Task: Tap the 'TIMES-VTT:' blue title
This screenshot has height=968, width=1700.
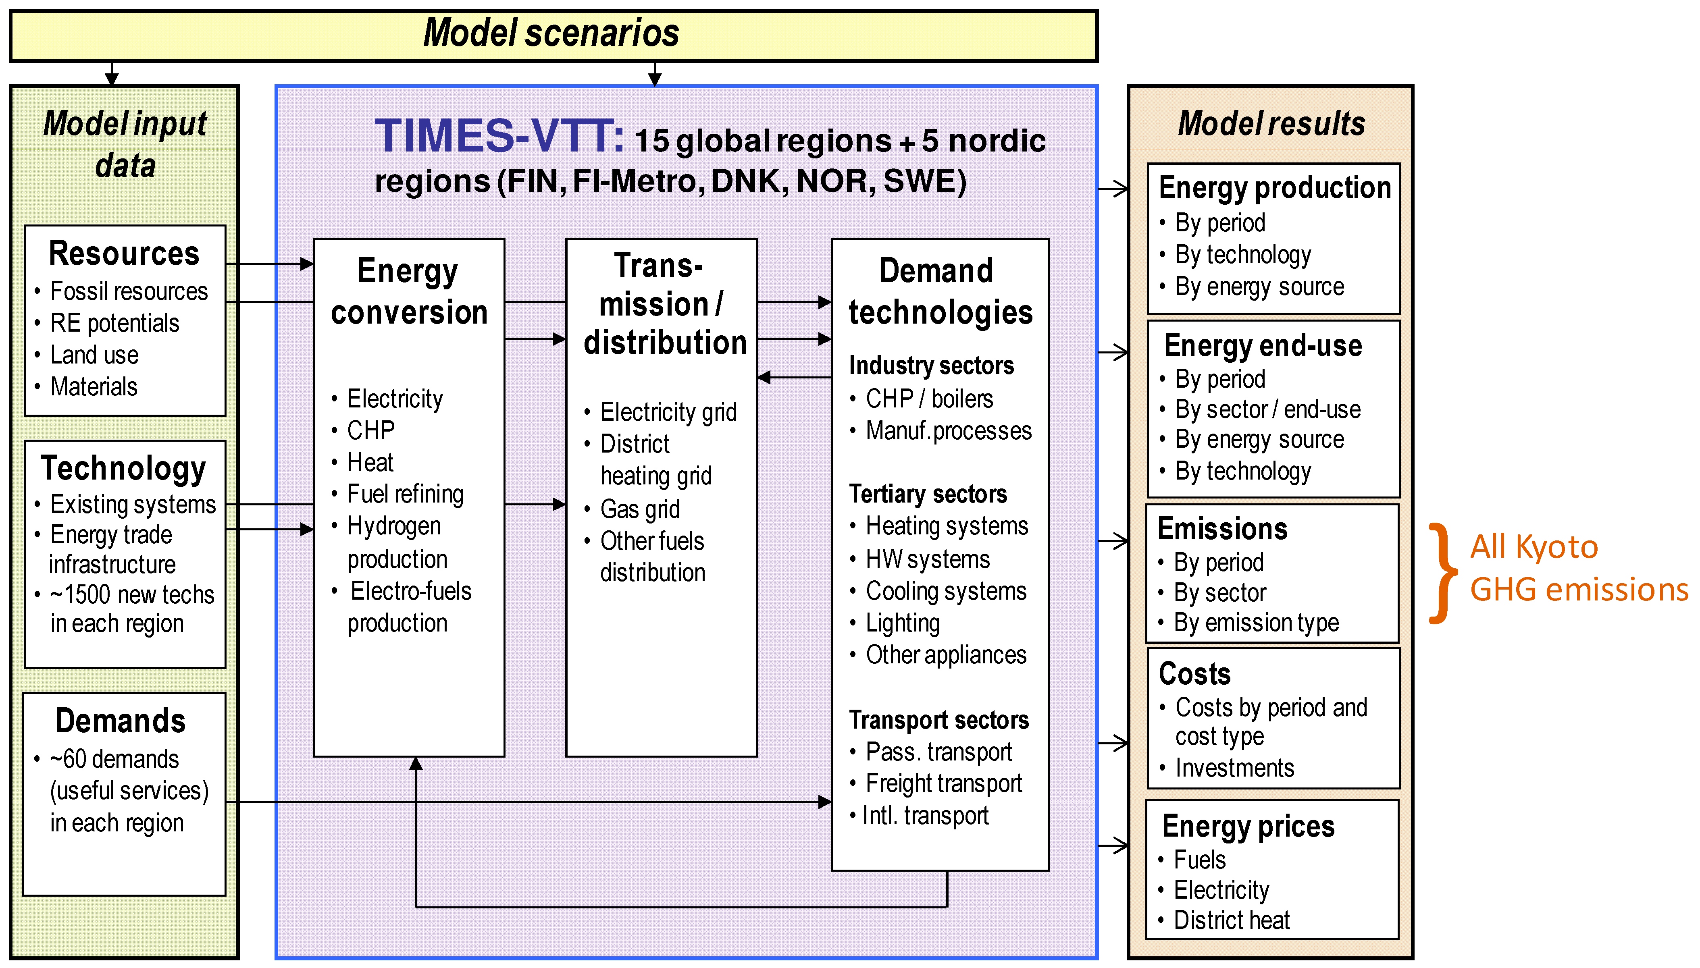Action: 499,136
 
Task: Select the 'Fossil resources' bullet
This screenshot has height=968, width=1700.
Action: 128,291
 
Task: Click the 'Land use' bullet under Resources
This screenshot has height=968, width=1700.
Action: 94,355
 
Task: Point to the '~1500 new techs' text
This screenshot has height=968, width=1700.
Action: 132,594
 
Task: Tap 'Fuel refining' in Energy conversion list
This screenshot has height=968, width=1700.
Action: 405,494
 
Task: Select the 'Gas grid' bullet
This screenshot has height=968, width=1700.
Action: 640,509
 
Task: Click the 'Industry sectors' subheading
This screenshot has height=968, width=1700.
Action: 931,366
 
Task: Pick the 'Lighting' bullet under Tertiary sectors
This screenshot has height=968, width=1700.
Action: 902,623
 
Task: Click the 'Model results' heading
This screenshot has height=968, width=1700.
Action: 1271,124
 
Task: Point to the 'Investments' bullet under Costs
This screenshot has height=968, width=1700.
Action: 1234,768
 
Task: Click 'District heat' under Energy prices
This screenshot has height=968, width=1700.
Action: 1231,920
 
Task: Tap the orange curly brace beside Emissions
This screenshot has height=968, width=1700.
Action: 1441,573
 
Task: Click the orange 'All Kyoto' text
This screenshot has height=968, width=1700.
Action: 1533,547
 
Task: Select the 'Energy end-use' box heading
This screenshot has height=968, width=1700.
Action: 1263,346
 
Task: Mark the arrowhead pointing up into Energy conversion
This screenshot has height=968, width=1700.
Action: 416,764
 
